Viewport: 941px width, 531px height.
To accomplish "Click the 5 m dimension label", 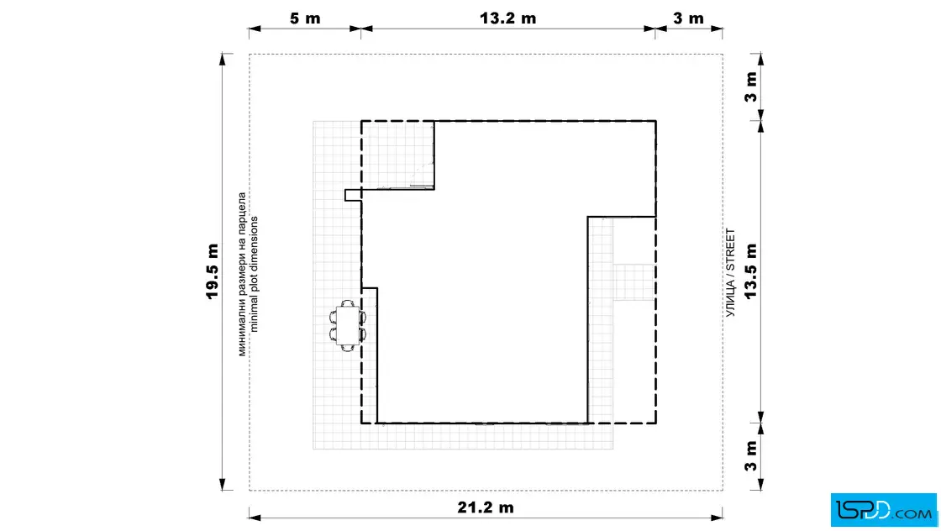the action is coord(305,18).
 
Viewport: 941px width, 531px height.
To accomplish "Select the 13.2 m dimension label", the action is coord(507,18).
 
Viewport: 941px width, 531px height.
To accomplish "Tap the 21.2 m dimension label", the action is coord(486,507).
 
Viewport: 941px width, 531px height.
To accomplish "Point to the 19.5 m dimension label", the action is coord(212,271).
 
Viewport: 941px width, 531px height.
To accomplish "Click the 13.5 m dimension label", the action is coord(751,271).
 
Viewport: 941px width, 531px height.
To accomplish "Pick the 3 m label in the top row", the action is coord(688,18).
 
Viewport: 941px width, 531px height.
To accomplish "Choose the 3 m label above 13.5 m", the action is coord(751,87).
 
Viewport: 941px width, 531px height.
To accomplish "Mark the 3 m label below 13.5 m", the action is coord(751,456).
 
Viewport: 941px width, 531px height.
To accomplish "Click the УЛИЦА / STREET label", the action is coord(730,273).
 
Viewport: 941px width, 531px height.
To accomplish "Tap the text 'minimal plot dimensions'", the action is coord(254,274).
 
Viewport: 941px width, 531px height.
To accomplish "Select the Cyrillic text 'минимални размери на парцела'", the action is coord(242,274).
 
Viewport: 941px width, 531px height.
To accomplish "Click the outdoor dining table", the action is coord(348,326).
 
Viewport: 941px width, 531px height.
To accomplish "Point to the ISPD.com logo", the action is coord(883,510).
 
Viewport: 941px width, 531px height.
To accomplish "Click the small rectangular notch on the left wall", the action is coord(353,195).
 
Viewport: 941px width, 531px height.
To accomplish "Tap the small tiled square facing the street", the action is coord(633,282).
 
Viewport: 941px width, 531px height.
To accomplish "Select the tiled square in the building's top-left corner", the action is coord(398,155).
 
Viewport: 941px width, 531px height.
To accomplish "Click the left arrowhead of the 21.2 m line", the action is coord(255,518).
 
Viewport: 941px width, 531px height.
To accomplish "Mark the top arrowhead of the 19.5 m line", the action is coord(223,59).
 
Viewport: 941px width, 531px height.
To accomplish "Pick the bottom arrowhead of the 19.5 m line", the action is coord(223,485).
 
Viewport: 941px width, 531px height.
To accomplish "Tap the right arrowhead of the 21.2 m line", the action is coord(717,518).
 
